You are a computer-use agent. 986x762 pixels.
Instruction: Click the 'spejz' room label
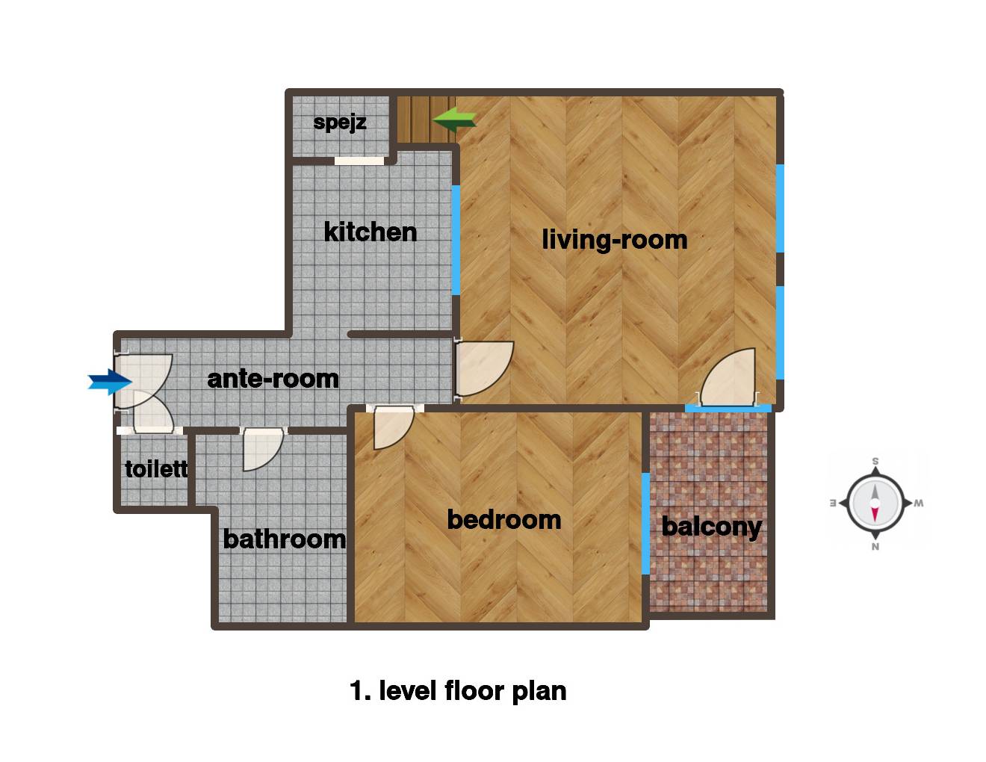340,123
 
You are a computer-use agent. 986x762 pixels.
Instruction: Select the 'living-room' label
615,240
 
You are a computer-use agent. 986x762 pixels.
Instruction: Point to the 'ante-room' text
273,379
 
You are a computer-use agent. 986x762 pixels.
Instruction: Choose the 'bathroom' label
285,539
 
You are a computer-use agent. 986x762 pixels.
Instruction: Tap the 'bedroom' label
504,520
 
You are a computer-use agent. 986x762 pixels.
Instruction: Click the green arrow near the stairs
454,120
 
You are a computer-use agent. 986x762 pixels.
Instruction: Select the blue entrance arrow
110,382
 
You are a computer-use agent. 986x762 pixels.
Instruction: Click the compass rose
875,504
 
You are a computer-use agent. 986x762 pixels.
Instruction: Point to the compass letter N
875,547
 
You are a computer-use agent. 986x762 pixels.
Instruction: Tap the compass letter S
875,461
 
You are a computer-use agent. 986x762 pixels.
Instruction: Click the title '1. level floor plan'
458,691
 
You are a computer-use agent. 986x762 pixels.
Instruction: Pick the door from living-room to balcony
728,377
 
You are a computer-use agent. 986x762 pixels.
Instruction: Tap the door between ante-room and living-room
485,368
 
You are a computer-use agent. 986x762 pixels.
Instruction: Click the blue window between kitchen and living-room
456,241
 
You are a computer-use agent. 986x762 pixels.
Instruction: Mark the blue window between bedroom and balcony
645,524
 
